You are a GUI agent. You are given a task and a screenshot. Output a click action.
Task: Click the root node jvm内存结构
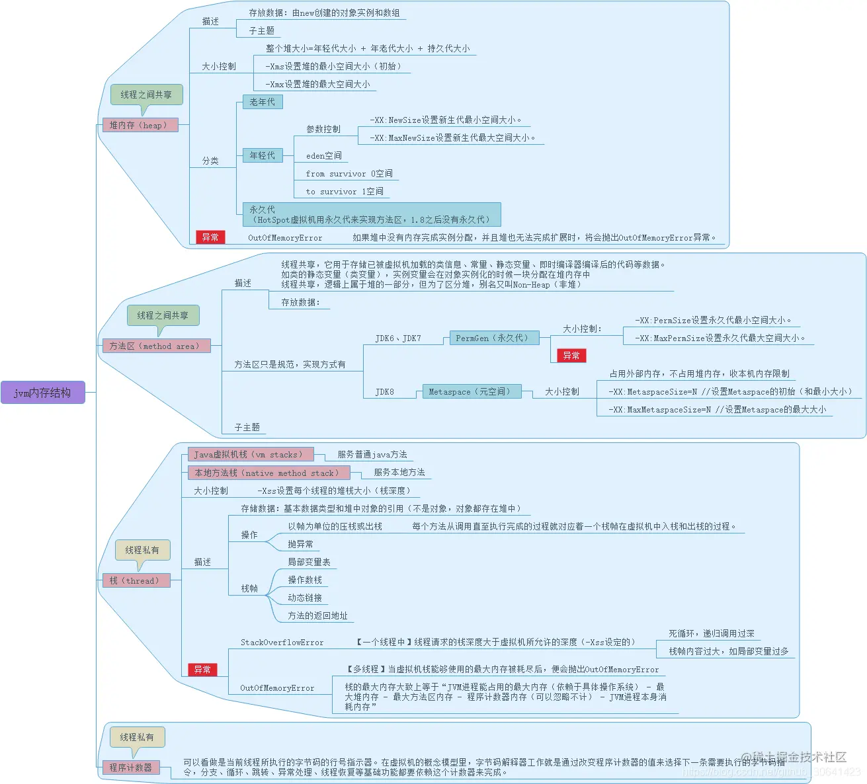[x=42, y=393]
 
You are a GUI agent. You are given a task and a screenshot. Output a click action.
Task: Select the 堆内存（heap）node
[x=140, y=125]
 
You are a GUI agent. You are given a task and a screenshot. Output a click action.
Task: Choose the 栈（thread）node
[x=136, y=580]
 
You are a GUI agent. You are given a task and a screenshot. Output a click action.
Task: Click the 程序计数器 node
[x=131, y=767]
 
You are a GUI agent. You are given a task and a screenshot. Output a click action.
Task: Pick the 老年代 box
[x=262, y=102]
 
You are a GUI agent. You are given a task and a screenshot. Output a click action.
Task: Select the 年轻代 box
[x=262, y=155]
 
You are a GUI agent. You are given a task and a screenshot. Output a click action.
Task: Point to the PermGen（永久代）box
[x=494, y=338]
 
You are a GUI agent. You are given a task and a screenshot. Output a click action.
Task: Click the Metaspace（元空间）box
[x=471, y=391]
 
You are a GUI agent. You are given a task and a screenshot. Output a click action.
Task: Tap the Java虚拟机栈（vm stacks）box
[x=250, y=454]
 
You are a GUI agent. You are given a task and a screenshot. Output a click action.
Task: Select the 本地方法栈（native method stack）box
[x=268, y=473]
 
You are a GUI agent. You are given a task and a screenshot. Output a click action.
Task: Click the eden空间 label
[x=324, y=156]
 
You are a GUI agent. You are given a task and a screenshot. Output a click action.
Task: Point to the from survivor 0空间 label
[x=349, y=174]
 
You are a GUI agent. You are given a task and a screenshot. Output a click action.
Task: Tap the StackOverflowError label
[x=282, y=642]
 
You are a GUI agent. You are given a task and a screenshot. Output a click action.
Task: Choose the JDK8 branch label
[x=384, y=392]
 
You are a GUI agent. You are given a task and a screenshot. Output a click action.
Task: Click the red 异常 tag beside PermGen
[x=571, y=356]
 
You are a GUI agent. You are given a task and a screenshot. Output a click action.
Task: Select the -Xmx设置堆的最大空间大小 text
[x=318, y=84]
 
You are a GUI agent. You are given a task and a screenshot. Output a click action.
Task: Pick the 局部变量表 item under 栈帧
[x=309, y=562]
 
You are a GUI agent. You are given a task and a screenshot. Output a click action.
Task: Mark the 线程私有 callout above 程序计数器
[x=137, y=737]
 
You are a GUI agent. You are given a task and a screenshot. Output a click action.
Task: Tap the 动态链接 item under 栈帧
[x=305, y=598]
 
